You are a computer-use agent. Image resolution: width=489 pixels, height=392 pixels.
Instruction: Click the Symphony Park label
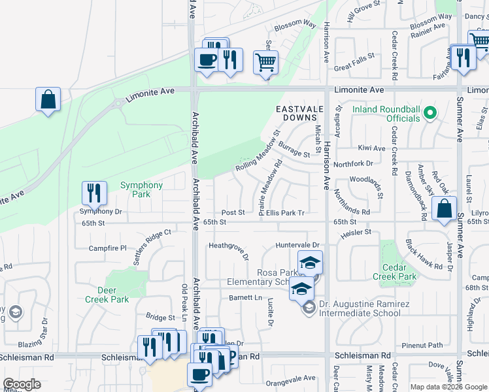(x=141, y=189)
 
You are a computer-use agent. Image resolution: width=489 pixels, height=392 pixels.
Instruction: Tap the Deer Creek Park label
(x=107, y=295)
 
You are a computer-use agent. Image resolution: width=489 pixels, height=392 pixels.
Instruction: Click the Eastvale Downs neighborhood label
(x=300, y=113)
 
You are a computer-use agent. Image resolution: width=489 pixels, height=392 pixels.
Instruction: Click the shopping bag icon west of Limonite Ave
(x=48, y=100)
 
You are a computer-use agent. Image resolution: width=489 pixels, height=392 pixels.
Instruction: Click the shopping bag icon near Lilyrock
(x=444, y=210)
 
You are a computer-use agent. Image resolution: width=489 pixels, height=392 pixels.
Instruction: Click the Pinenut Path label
(x=422, y=345)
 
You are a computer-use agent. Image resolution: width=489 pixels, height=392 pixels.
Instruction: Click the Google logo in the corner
(x=22, y=384)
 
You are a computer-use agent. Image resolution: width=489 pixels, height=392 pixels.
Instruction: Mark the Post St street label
(x=233, y=212)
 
